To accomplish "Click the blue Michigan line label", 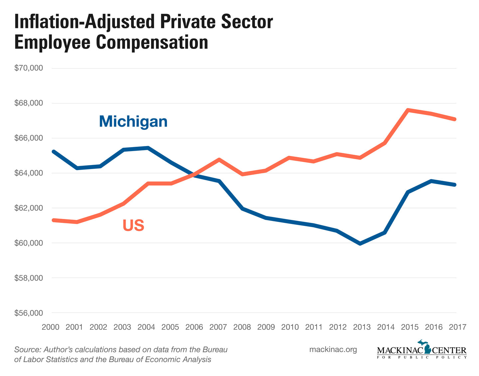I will click(133, 121).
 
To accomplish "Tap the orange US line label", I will click(133, 225).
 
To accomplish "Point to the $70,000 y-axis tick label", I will click(29, 68).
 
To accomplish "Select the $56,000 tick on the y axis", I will click(29, 313).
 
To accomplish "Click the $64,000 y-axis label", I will click(29, 173).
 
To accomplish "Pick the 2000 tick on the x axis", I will click(51, 327).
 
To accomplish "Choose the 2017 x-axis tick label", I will click(458, 327).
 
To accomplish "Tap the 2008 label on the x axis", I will click(242, 327).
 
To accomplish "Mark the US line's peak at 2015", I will click(408, 110).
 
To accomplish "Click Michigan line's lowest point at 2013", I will click(360, 244).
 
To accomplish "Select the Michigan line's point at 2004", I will click(148, 148).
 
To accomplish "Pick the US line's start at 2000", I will click(54, 220).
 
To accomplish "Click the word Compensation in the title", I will click(152, 43).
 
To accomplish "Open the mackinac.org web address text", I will click(333, 349).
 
